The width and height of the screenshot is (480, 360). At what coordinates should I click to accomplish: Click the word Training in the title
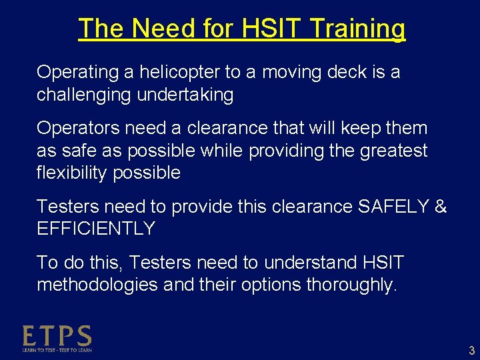coord(358,29)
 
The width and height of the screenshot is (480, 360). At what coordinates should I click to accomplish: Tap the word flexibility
coord(72,173)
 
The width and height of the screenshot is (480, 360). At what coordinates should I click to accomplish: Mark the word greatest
coord(393,151)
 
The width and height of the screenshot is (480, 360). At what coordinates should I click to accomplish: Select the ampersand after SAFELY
coord(440,207)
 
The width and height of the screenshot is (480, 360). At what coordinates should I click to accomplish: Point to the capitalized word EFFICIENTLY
coord(95,229)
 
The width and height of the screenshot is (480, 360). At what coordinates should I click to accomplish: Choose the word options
coord(270,285)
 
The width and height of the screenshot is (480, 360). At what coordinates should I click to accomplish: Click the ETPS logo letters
coord(57,335)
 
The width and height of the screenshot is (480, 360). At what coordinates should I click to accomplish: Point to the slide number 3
coord(471,351)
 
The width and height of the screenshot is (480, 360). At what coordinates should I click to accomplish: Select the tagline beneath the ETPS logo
coord(57,349)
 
